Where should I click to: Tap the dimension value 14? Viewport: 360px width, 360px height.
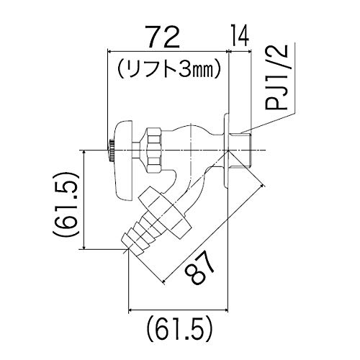click(240, 35)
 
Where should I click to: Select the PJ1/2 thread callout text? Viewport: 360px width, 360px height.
click(276, 77)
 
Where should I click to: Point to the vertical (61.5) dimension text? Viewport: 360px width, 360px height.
click(65, 204)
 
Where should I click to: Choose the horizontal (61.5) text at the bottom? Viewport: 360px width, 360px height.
click(179, 330)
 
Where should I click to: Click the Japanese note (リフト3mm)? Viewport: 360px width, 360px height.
click(168, 68)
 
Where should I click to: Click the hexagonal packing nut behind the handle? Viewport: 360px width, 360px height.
click(154, 150)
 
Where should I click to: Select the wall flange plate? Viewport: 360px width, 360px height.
click(227, 150)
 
